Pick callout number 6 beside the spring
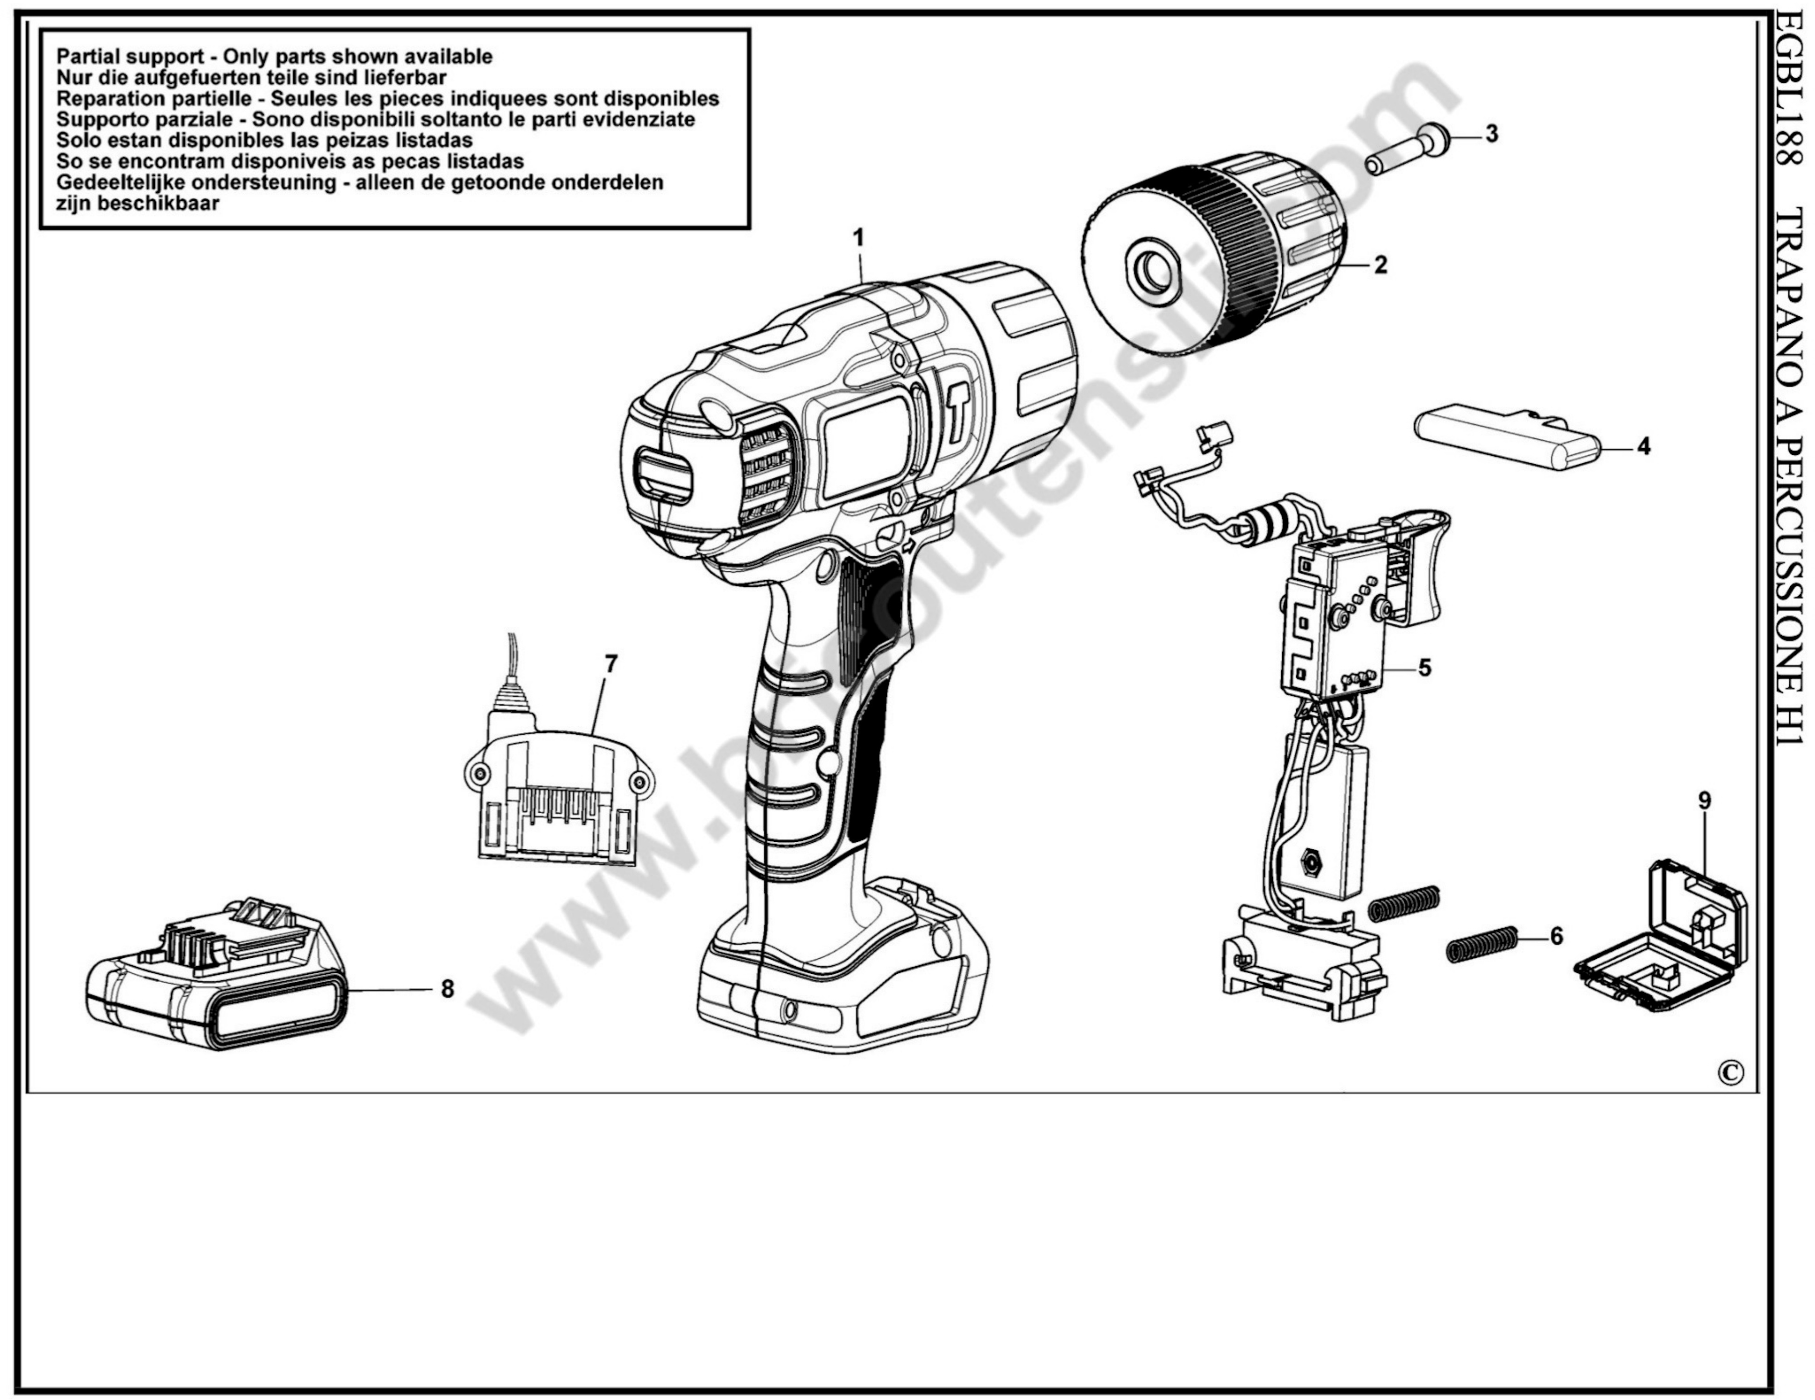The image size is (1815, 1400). (1556, 937)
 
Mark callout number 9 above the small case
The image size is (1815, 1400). (1705, 801)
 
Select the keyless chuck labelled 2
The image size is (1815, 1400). (1213, 262)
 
